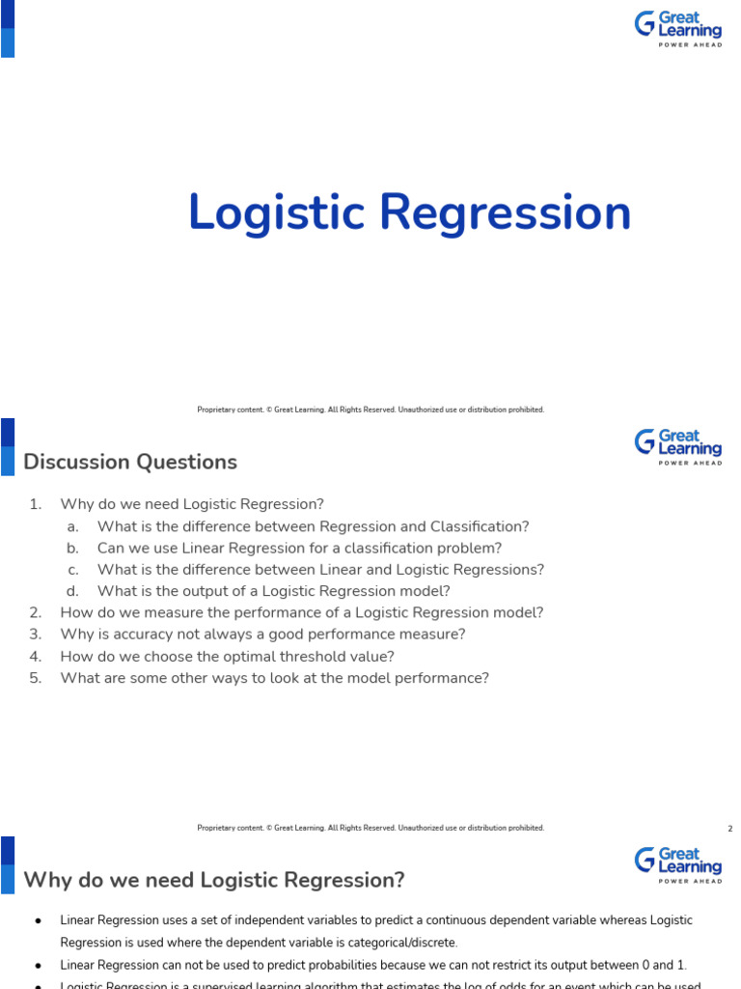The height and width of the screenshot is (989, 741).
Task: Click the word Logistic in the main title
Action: coord(278,214)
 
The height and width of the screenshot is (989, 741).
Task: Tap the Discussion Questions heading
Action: coord(130,462)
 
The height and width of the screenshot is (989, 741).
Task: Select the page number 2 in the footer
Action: coord(730,828)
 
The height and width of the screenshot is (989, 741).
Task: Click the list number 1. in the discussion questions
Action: coord(36,504)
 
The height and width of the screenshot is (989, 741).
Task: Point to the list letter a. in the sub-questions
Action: coord(72,526)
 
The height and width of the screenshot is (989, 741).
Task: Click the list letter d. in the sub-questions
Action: coord(72,591)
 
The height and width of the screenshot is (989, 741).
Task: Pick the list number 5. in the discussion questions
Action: coord(36,678)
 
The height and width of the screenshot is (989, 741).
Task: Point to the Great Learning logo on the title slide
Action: coord(677,28)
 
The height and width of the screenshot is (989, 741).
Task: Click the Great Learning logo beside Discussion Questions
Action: coord(677,447)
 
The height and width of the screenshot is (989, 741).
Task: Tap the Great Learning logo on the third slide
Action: coord(677,864)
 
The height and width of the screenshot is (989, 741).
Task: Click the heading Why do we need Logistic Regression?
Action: coord(214,880)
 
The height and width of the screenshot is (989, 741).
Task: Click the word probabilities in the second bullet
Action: coord(295,965)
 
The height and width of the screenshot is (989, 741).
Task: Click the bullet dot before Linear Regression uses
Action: coord(37,921)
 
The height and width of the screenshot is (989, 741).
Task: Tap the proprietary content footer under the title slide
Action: coord(370,410)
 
